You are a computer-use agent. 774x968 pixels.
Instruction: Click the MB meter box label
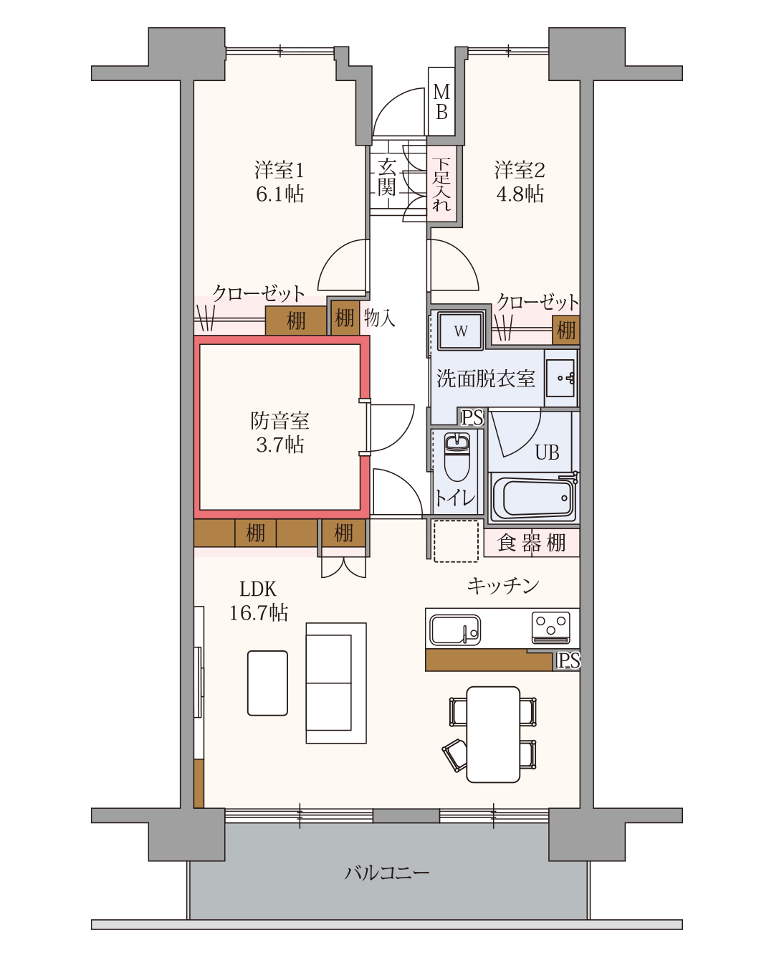pyautogui.click(x=441, y=102)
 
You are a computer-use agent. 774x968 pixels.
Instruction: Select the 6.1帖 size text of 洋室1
pyautogui.click(x=279, y=194)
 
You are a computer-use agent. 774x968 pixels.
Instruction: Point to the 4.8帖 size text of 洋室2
pyautogui.click(x=520, y=194)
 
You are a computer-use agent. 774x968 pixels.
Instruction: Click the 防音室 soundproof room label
pyautogui.click(x=279, y=421)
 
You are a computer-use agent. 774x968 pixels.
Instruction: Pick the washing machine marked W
pyautogui.click(x=461, y=331)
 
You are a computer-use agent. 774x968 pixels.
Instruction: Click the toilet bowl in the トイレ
pyautogui.click(x=457, y=457)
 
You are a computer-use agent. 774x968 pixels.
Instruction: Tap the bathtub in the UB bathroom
pyautogui.click(x=533, y=498)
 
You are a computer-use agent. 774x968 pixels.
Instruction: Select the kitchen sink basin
pyautogui.click(x=454, y=630)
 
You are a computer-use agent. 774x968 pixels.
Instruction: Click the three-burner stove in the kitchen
pyautogui.click(x=550, y=628)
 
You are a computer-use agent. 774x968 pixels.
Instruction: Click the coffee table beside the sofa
pyautogui.click(x=267, y=683)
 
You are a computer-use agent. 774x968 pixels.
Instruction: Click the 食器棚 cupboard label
pyautogui.click(x=532, y=543)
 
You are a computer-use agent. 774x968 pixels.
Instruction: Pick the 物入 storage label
pyautogui.click(x=380, y=318)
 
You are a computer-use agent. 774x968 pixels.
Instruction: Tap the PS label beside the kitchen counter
pyautogui.click(x=568, y=660)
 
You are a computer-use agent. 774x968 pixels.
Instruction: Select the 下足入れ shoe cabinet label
pyautogui.click(x=441, y=184)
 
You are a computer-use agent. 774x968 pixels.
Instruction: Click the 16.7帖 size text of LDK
pyautogui.click(x=259, y=612)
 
